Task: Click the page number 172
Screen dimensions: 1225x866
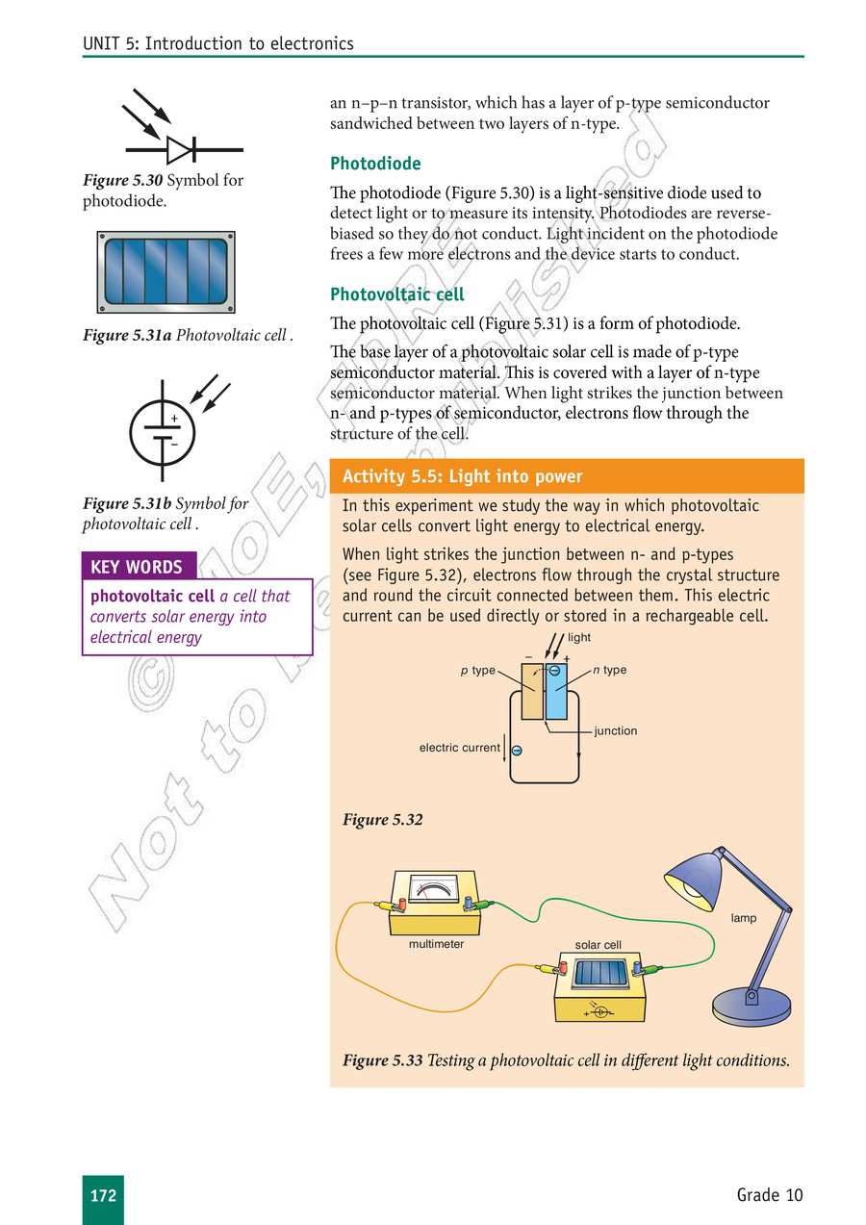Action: (103, 1195)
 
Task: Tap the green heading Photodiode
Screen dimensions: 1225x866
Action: (375, 164)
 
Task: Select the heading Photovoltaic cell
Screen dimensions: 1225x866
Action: (396, 294)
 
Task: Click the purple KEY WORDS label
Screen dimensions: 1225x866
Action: (136, 567)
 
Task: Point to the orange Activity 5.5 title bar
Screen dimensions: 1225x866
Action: (567, 476)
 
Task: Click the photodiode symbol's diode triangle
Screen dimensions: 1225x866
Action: (179, 150)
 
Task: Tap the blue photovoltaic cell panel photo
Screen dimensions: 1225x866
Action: (166, 272)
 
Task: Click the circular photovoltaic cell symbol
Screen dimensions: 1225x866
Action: (163, 431)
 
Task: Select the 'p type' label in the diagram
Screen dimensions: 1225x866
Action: (477, 670)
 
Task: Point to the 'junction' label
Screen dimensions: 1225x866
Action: (615, 731)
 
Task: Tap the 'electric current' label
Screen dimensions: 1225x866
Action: (459, 748)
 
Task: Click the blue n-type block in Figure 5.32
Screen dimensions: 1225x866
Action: (557, 693)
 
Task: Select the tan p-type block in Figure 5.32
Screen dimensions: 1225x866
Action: (531, 693)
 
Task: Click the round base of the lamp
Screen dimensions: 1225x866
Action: (751, 1007)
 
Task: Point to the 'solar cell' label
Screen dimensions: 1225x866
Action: (598, 945)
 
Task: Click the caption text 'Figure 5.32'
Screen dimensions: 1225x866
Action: (382, 820)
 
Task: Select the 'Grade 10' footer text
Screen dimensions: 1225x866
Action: (769, 1195)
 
